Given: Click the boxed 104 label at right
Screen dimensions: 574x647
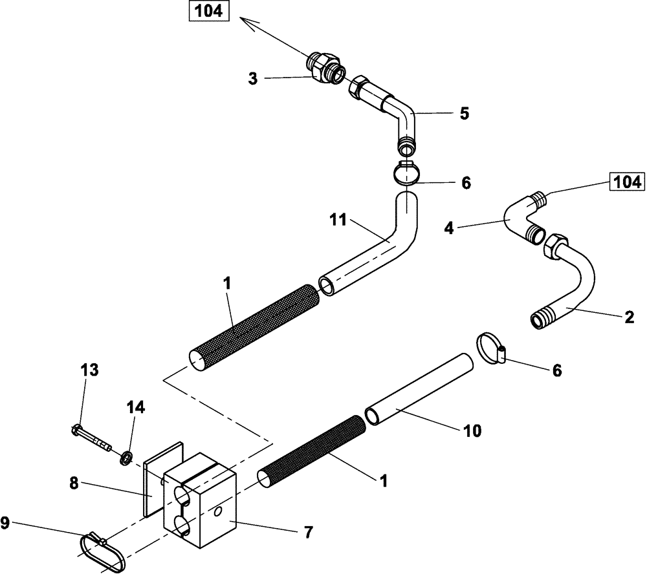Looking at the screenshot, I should [x=624, y=182].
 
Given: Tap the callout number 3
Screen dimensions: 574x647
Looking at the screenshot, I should [x=253, y=79].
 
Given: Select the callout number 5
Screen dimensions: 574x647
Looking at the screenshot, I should [x=464, y=114].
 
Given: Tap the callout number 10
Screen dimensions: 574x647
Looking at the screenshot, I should [x=472, y=430].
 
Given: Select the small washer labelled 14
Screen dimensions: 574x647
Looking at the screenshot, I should [x=126, y=458].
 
